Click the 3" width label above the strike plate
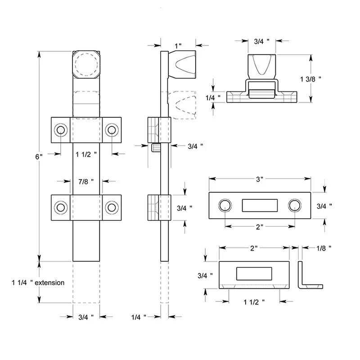pos(259,179)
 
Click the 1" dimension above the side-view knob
pos(178,45)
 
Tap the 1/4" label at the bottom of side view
pos(139,317)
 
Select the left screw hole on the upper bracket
pos(60,130)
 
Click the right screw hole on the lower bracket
pos(111,207)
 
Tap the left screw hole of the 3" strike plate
pos(224,205)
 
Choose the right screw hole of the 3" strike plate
pos(294,205)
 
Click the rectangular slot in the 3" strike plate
pos(259,205)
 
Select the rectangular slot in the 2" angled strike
pos(254,274)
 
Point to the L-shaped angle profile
pos(308,274)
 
